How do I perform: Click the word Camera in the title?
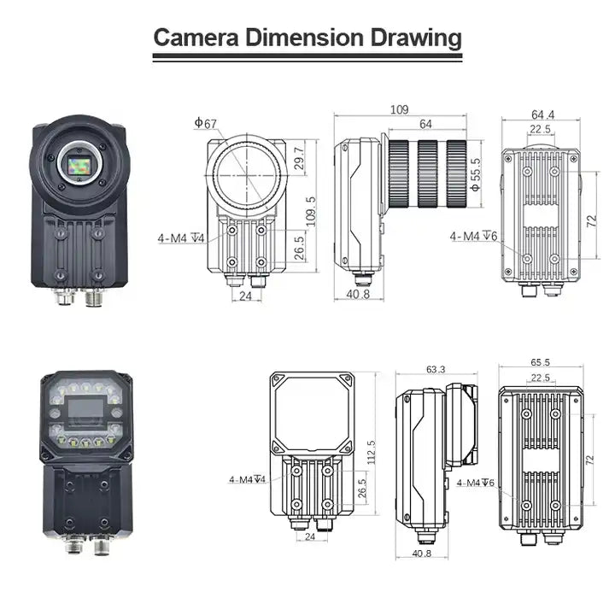196,38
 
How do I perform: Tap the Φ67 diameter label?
206,123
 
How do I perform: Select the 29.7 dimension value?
299,158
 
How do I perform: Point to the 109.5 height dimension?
311,212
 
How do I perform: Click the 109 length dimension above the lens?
399,109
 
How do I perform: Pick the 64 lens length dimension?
425,124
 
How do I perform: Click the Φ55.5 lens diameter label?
475,174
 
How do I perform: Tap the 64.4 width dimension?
543,114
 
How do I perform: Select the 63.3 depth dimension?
436,369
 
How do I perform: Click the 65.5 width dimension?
540,362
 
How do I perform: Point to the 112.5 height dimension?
371,453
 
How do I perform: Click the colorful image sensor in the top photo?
79,165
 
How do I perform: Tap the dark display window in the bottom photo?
86,407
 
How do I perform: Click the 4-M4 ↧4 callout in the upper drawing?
181,237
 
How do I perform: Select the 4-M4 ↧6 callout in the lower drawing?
476,483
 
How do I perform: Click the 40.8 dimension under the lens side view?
358,294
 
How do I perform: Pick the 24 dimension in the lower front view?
310,536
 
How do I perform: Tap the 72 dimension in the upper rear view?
591,221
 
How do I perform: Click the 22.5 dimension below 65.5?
541,378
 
